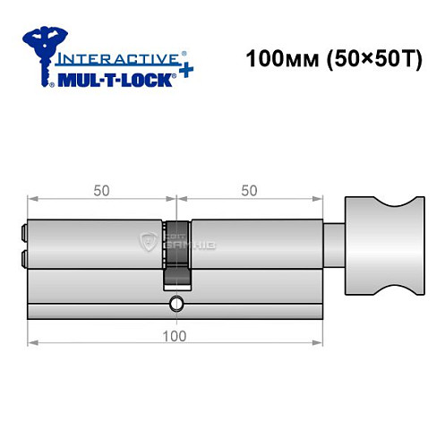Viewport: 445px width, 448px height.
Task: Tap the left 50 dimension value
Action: [x=101, y=190]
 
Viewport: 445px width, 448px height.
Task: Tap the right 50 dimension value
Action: [x=250, y=190]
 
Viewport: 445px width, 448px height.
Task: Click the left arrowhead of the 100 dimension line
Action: [x=32, y=342]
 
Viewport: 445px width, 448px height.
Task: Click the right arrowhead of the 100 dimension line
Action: [x=320, y=342]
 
